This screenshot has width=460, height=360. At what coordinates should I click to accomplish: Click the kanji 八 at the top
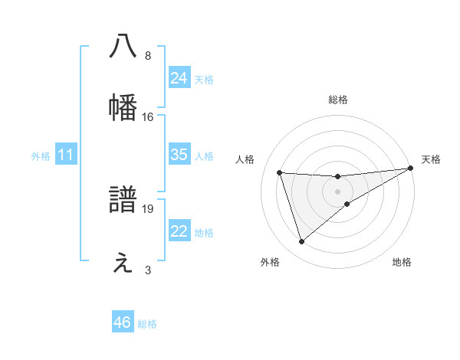pos(123,46)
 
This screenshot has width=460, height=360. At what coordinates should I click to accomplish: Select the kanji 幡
pos(123,107)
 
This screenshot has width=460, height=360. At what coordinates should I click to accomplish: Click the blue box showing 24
pos(179,78)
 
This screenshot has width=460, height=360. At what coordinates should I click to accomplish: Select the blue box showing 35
pos(179,155)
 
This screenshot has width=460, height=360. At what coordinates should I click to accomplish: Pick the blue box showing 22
pos(179,232)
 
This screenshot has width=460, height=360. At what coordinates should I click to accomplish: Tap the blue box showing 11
pos(66,155)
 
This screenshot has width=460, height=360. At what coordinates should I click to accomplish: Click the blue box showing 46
pos(123,322)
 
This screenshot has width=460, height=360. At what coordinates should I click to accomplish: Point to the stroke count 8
pos(148,56)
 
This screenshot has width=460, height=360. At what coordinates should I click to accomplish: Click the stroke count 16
pos(148,117)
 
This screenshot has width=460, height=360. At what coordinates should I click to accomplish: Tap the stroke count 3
pos(148,270)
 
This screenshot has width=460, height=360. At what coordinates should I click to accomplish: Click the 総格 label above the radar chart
pos(338,100)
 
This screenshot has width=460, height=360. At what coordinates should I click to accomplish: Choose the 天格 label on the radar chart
pos(431,159)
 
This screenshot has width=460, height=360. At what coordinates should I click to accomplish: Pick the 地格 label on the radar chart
pos(402,262)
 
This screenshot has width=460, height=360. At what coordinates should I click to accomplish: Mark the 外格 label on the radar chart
pos(270,262)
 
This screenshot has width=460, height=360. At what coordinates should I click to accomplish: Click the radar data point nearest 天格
pos(410,169)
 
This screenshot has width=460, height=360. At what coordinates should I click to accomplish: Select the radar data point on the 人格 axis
pos(280,172)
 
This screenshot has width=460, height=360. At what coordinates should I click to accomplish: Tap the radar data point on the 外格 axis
pos(301,242)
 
